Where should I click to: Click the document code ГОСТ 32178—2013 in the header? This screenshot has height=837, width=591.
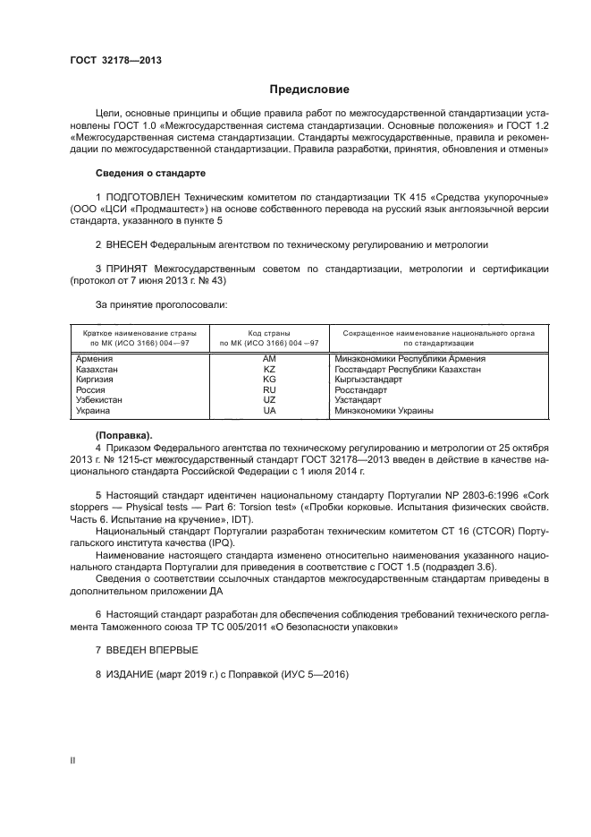pyautogui.click(x=115, y=61)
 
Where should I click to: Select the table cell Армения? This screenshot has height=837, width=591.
pyautogui.click(x=96, y=359)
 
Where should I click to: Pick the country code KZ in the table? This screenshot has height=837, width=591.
pyautogui.click(x=269, y=369)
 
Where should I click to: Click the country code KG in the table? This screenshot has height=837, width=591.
pyautogui.click(x=269, y=380)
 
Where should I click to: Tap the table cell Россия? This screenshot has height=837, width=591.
pyautogui.click(x=92, y=390)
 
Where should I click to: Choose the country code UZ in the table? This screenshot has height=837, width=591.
pyautogui.click(x=269, y=400)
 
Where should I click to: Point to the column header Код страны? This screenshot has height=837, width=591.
pyautogui.click(x=269, y=332)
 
